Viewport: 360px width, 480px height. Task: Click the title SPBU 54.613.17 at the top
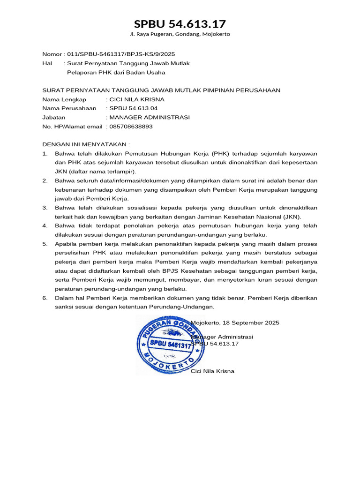(180, 24)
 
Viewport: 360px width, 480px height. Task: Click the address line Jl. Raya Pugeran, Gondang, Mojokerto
(180, 34)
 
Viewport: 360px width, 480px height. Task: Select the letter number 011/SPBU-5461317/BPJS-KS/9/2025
(122, 54)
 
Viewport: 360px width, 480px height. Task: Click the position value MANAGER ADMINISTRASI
(150, 117)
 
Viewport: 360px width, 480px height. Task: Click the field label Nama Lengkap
(64, 99)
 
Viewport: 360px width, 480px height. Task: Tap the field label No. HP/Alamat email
(72, 127)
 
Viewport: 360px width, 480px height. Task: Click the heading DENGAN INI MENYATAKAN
(85, 144)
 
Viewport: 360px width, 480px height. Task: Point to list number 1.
(45, 154)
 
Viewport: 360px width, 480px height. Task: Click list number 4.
(45, 226)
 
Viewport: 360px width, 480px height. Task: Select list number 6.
(45, 298)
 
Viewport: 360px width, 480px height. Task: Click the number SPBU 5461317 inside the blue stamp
(169, 345)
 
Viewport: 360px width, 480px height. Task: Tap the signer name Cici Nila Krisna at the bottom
(212, 371)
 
